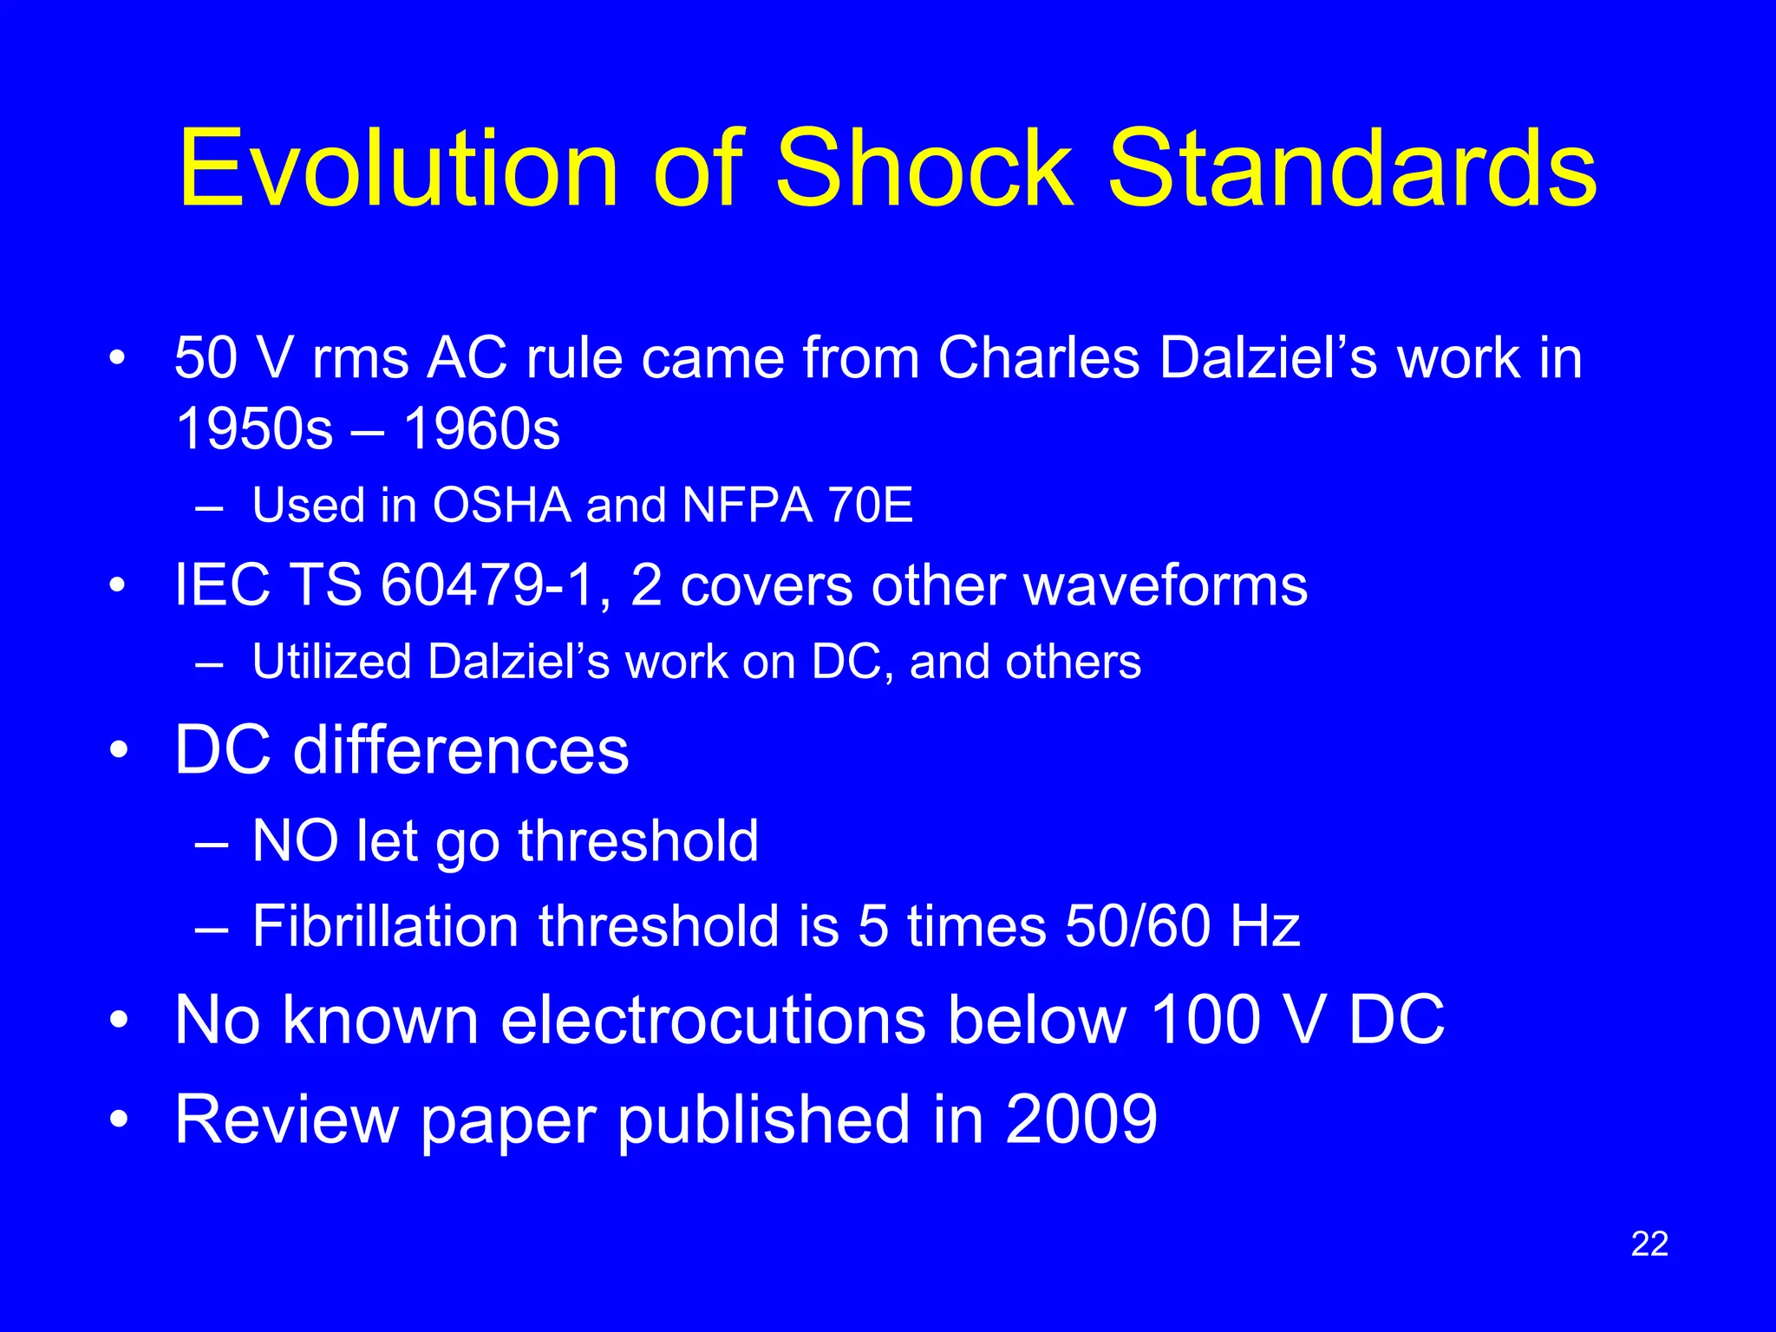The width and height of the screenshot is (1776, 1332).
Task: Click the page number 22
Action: coord(1649,1244)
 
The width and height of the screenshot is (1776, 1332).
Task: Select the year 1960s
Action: coord(482,428)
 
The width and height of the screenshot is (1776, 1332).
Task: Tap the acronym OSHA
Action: coord(501,505)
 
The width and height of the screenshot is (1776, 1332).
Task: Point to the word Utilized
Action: coord(331,663)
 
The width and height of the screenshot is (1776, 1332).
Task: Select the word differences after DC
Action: coord(460,750)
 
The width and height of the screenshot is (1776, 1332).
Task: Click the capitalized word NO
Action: coord(295,841)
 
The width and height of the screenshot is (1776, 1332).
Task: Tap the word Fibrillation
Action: coord(385,926)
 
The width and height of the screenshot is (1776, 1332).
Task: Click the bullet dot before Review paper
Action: coord(118,1120)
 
